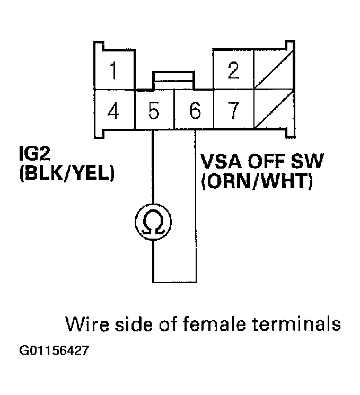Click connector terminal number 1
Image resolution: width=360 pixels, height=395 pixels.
click(112, 69)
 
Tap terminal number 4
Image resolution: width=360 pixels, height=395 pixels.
click(112, 111)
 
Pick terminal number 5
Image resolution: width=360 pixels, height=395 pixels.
click(154, 111)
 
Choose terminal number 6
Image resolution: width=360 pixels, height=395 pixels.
click(194, 111)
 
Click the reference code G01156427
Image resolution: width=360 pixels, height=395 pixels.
click(54, 351)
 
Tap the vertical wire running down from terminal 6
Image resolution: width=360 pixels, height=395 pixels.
click(196, 207)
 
